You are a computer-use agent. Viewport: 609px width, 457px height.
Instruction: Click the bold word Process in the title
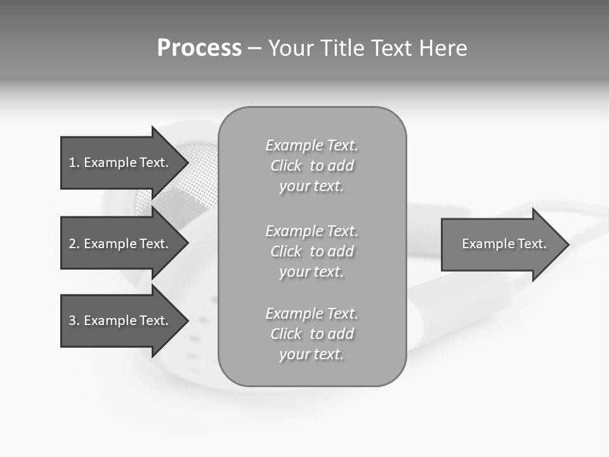point(199,48)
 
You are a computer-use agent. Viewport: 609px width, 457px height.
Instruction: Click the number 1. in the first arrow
point(74,162)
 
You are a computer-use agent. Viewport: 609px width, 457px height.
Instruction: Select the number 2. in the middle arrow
point(74,244)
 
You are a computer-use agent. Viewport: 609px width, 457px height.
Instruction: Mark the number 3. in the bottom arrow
point(74,321)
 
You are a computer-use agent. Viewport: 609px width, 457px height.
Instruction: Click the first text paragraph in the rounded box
point(311,166)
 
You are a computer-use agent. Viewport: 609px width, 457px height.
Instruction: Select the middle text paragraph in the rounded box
point(311,251)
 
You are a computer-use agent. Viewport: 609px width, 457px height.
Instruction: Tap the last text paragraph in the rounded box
point(311,334)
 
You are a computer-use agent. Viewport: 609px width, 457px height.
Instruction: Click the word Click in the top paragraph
point(286,166)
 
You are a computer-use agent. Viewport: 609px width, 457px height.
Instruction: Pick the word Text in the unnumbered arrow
point(532,244)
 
